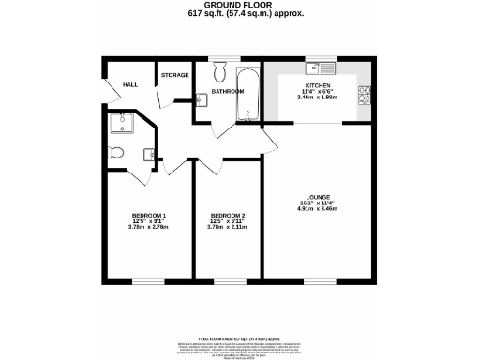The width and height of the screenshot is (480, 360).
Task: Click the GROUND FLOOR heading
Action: tap(239, 5)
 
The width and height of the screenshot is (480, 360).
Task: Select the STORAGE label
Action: tap(174, 75)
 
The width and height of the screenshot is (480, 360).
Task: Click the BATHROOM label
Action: tap(227, 91)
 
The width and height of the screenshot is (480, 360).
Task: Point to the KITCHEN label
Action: tap(320, 84)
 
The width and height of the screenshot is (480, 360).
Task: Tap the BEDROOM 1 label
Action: tap(147, 215)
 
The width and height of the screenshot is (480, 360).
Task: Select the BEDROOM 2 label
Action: tap(228, 215)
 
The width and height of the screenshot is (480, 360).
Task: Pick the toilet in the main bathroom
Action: tap(219, 72)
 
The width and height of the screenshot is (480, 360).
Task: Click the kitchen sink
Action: tap(327, 67)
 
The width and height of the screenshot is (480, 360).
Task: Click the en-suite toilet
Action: tap(116, 152)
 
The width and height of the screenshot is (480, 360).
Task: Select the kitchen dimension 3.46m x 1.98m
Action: tap(320, 97)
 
